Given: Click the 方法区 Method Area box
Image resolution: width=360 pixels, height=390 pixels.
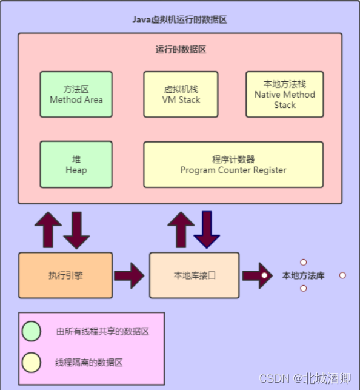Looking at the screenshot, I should click(x=76, y=94).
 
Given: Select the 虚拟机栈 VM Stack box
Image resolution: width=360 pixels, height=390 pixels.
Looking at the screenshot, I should click(x=181, y=94).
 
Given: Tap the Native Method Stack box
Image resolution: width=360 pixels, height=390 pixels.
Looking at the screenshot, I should click(x=284, y=94).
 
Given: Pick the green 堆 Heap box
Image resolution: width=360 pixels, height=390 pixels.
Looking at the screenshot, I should click(x=76, y=164).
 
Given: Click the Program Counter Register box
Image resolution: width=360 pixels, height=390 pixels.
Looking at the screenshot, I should click(x=233, y=164).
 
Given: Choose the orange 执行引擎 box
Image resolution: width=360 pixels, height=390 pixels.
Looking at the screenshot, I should click(x=65, y=275).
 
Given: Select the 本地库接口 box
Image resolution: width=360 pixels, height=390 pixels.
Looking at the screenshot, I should click(x=194, y=275).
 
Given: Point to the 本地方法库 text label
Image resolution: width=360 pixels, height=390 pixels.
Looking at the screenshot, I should click(x=303, y=275).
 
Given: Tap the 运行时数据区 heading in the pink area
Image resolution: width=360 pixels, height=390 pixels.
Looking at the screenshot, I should click(x=181, y=50).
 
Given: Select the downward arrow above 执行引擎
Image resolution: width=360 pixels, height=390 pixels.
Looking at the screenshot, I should click(x=77, y=229).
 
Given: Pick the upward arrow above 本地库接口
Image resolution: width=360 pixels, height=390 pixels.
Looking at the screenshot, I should click(x=180, y=229).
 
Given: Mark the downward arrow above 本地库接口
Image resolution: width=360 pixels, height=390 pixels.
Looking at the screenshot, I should click(x=207, y=229).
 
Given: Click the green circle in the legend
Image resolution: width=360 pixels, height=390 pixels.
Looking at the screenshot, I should click(x=31, y=331).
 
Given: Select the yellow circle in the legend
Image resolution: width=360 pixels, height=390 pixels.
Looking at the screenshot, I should click(x=31, y=362).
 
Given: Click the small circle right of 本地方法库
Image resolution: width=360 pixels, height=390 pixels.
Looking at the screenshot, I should click(x=342, y=275).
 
